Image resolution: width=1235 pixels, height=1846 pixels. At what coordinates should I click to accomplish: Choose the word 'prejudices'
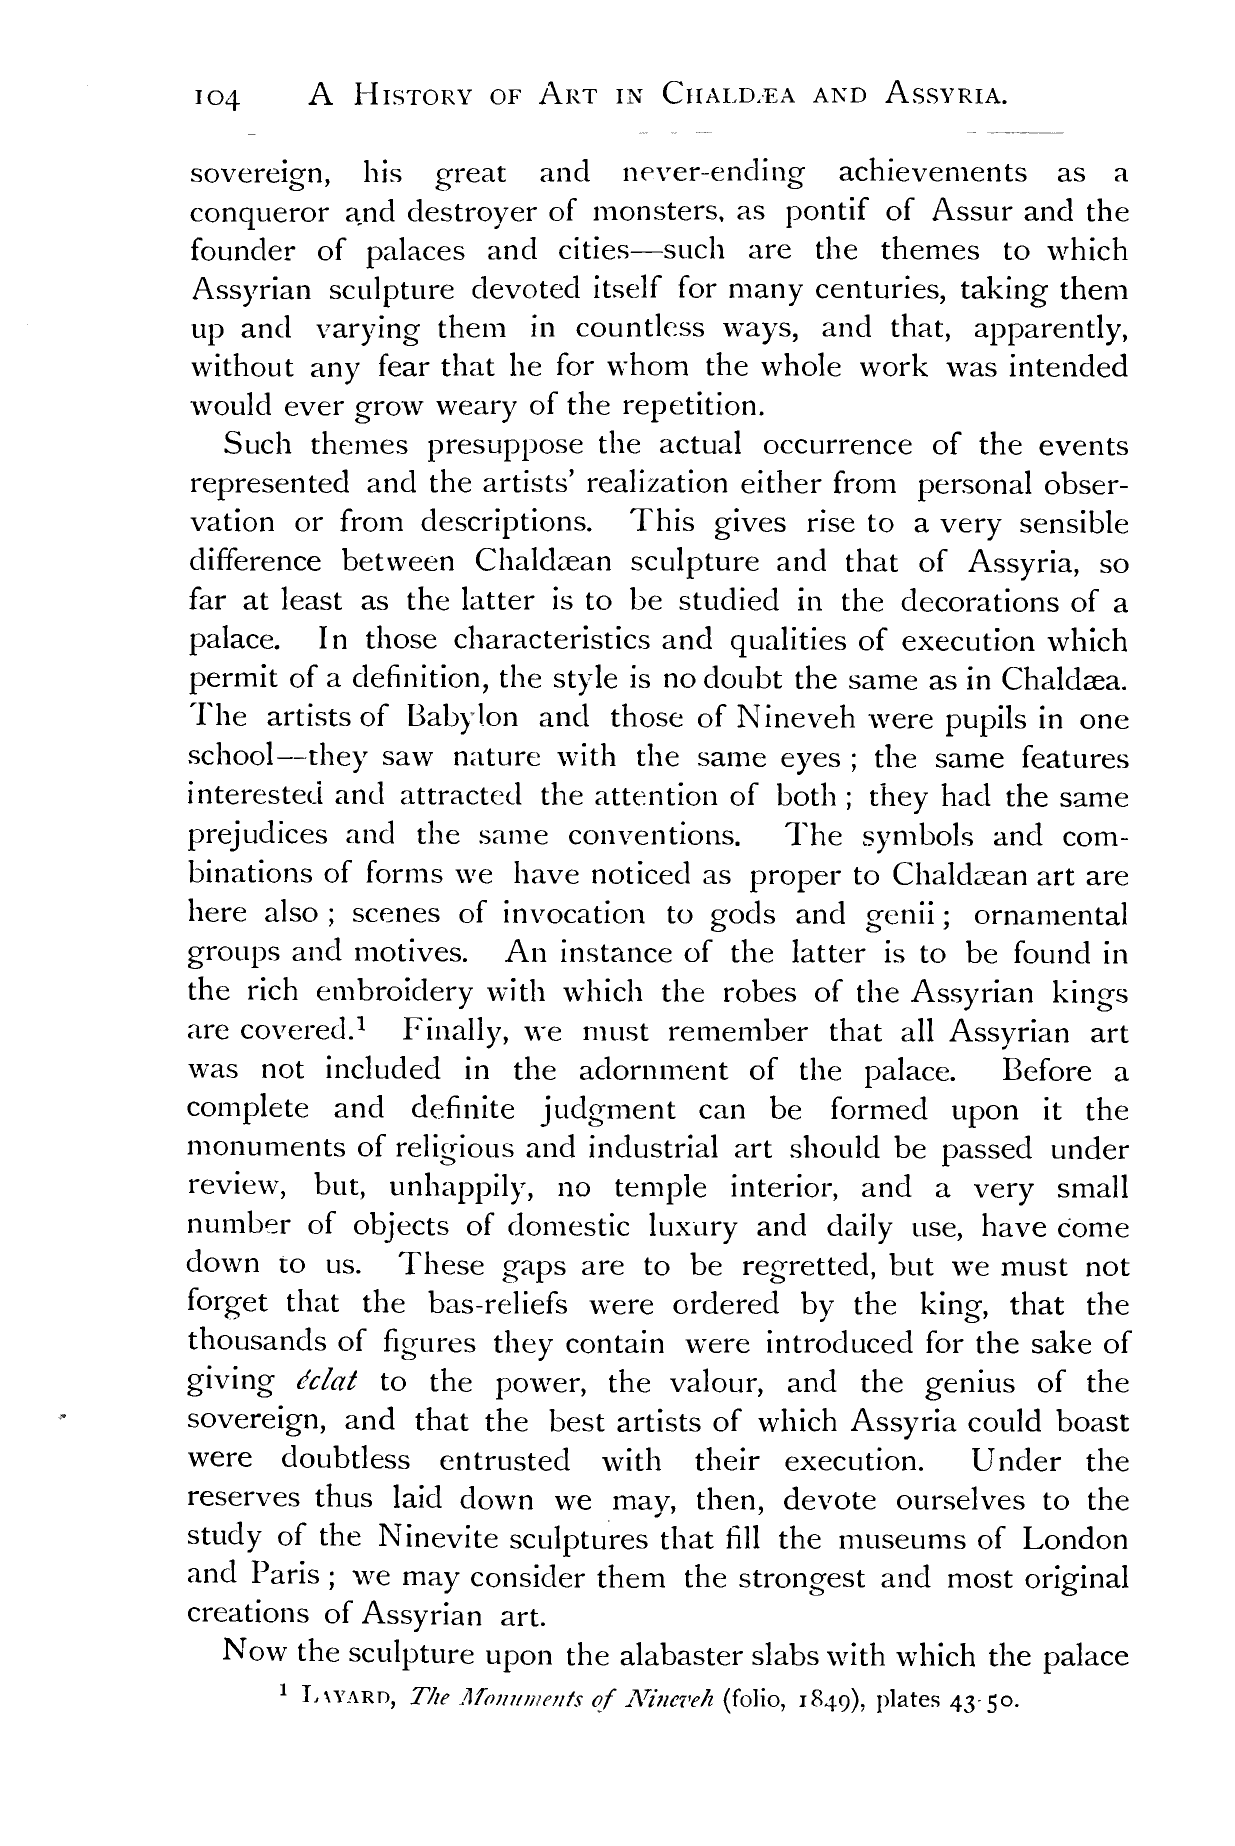pos(257,835)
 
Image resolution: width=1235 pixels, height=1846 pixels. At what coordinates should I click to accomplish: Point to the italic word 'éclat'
pos(326,1381)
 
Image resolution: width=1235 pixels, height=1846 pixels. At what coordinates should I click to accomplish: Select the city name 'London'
pos(1074,1537)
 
